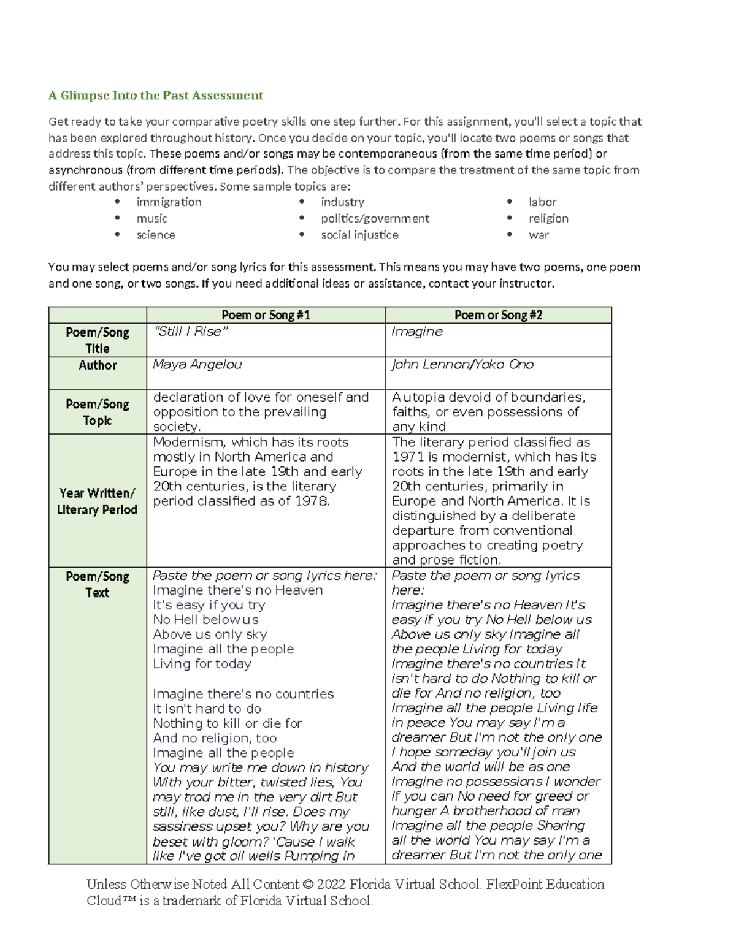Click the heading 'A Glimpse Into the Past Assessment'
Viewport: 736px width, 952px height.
point(156,96)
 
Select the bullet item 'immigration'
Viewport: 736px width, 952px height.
point(169,202)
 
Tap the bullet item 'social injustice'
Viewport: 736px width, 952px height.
point(359,235)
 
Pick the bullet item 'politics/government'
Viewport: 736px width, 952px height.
point(375,219)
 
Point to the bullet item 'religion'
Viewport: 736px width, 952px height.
point(548,219)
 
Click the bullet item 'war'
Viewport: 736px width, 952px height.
point(539,235)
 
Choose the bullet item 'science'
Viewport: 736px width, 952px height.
point(156,235)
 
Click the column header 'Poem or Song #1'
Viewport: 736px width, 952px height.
point(266,315)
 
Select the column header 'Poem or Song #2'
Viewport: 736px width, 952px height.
point(498,315)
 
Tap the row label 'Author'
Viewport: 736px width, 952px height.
point(98,365)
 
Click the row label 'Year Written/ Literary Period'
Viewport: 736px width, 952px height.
point(98,501)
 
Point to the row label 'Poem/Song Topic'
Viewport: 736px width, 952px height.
point(98,413)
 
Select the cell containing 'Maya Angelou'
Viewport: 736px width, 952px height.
point(197,365)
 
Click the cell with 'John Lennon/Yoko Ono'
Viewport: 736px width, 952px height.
point(462,365)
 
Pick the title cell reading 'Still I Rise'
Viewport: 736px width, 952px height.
point(190,332)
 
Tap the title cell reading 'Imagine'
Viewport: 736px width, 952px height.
point(417,332)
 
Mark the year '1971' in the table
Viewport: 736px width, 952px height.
point(407,457)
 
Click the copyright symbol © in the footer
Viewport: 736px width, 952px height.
point(307,885)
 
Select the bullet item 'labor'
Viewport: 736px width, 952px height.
point(542,202)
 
